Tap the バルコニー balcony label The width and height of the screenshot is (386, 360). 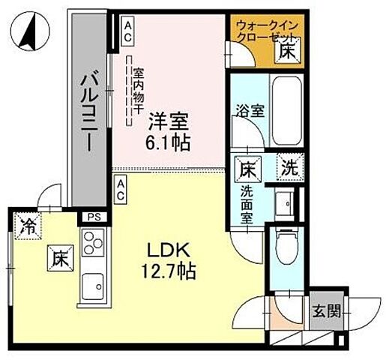(90, 109)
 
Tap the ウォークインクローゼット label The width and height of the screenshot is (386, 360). (267, 30)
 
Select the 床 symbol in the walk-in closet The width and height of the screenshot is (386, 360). (288, 52)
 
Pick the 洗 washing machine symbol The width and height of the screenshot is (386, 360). (289, 168)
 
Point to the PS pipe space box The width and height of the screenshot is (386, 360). (93, 217)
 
